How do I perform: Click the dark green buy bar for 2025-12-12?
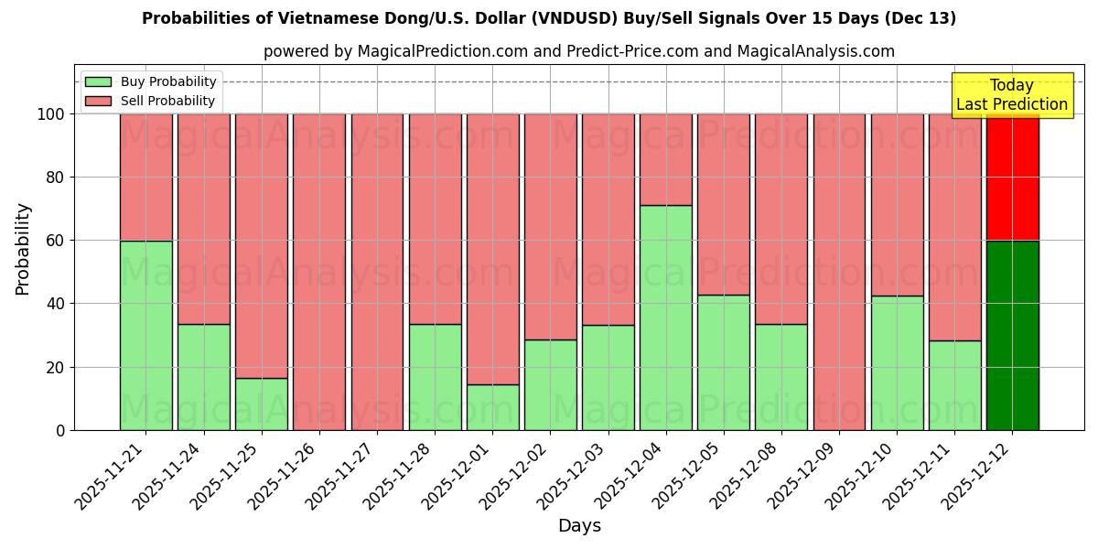coord(1012,335)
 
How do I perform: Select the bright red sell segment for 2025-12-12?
coord(1012,178)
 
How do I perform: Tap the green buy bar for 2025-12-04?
coord(665,318)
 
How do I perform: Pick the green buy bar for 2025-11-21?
coord(145,335)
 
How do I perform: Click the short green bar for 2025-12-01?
coord(492,407)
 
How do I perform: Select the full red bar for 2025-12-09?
coord(839,272)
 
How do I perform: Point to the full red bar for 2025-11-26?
coord(318,272)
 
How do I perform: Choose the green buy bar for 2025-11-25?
coord(261,404)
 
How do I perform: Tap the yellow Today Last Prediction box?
coord(1011,95)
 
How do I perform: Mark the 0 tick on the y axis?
coord(60,430)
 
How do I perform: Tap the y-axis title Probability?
coord(23,248)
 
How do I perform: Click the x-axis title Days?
coord(579,526)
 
